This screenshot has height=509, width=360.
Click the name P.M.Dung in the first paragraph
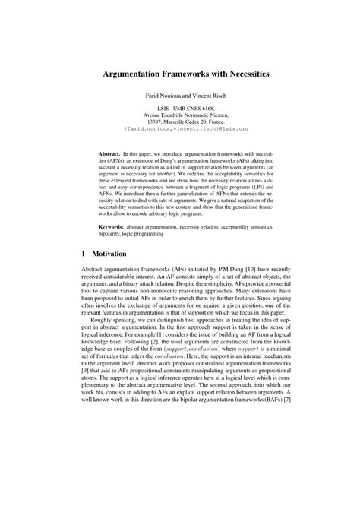[x=236, y=270]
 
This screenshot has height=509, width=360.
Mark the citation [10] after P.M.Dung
[x=259, y=270]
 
